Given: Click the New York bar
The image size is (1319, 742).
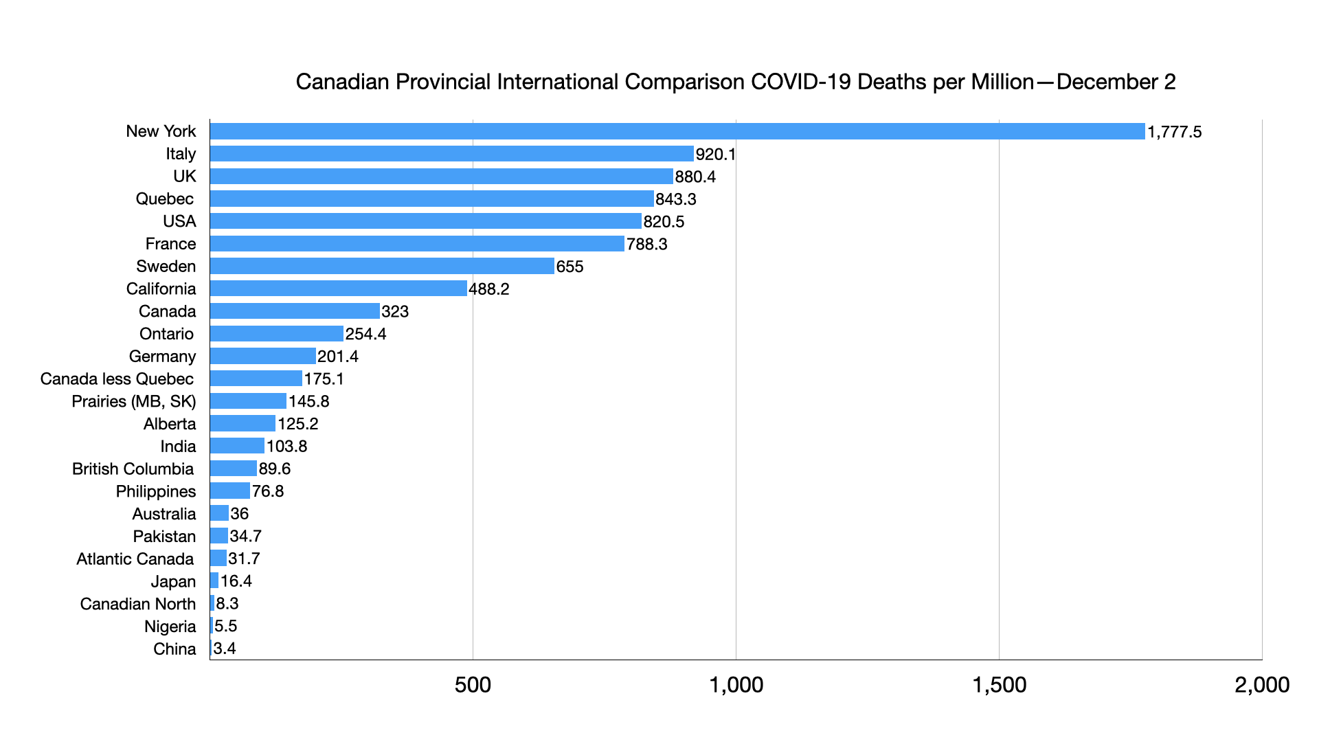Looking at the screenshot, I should [677, 131].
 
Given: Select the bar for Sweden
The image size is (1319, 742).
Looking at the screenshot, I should [382, 266].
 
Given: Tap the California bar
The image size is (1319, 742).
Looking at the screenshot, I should [338, 289].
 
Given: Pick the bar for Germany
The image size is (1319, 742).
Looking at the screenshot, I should [262, 356].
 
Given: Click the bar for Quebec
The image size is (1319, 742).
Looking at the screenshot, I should [431, 199].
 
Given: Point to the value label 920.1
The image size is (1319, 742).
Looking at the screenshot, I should [715, 154].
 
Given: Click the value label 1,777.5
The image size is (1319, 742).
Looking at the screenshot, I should [1174, 132].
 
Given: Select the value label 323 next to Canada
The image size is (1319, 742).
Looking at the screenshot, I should [395, 311].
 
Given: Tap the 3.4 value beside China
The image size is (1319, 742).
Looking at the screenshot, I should [225, 649].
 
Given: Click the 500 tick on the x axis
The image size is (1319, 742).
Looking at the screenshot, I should [473, 684].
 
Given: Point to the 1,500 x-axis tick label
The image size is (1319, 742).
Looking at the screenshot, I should [999, 684].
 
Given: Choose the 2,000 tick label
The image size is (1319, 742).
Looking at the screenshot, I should [1261, 684].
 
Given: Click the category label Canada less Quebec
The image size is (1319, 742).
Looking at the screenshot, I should [117, 379].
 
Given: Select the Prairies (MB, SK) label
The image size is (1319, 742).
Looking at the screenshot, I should [133, 401].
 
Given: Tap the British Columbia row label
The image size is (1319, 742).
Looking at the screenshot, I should [133, 469].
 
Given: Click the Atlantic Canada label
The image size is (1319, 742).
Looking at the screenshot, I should [135, 559].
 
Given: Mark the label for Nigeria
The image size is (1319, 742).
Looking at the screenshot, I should [170, 626].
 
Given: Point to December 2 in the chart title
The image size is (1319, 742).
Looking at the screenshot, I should [1116, 82].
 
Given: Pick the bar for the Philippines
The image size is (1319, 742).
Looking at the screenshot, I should [229, 491].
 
